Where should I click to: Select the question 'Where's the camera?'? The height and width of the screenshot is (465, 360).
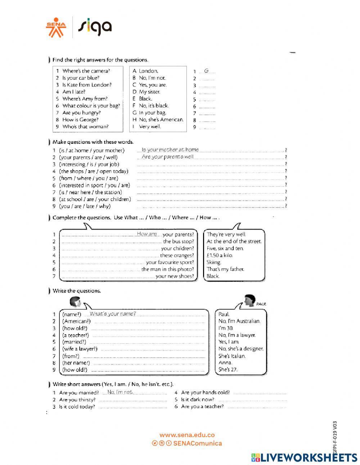pos(86,71)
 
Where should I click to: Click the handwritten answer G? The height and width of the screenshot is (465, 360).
pos(206,71)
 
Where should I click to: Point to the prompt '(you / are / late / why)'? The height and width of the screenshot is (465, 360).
pos(85,206)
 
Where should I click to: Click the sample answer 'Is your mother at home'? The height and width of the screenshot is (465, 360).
pos(170,149)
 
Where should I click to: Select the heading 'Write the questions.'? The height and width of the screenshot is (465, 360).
pos(77,291)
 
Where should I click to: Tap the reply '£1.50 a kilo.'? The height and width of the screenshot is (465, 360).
pos(220,255)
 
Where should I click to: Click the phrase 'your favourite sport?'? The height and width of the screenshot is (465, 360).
pos(170,262)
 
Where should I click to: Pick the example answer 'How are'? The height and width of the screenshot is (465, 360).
pos(147,234)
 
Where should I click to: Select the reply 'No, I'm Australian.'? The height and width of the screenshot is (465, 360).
pos(239,321)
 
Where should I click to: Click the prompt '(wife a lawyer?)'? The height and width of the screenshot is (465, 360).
pos(80,349)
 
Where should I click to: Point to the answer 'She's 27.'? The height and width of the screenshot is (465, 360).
pos(228,370)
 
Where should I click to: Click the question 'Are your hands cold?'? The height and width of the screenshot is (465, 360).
pos(205,393)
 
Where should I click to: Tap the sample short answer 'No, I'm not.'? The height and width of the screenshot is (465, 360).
pos(120,392)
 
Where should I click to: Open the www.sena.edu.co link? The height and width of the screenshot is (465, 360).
pos(187,435)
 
